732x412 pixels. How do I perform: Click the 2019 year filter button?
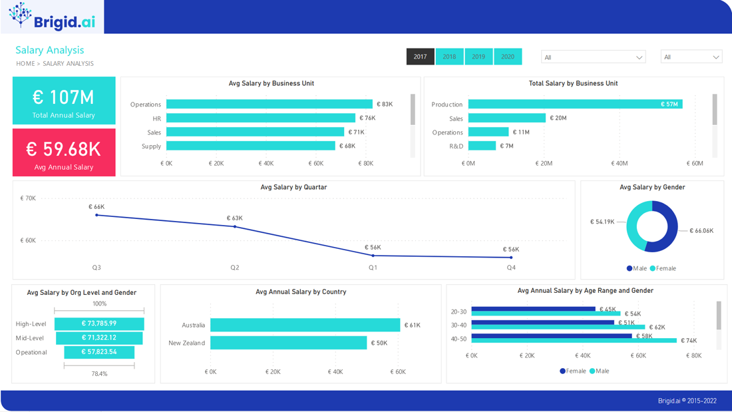point(478,57)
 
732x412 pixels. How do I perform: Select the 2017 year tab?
point(420,57)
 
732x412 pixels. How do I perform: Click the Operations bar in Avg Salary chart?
point(269,104)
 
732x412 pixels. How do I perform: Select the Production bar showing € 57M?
point(575,104)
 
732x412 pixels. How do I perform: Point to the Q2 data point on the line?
point(235,227)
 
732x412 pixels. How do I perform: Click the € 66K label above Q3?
point(96,207)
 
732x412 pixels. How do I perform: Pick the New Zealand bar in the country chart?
point(288,343)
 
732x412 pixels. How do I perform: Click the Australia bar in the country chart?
point(305,325)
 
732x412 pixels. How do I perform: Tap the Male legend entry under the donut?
point(637,268)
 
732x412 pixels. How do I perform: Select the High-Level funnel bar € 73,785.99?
point(99,323)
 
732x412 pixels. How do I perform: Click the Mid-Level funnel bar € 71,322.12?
point(99,337)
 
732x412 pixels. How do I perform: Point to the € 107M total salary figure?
point(64,97)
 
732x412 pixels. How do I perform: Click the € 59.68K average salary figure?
point(64,149)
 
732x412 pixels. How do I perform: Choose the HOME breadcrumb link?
point(25,64)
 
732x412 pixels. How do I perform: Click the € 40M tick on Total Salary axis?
point(619,163)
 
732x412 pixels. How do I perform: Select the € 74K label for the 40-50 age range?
point(689,341)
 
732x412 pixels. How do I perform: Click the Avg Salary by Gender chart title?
point(652,187)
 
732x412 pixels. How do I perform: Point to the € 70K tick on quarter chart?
point(28,198)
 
